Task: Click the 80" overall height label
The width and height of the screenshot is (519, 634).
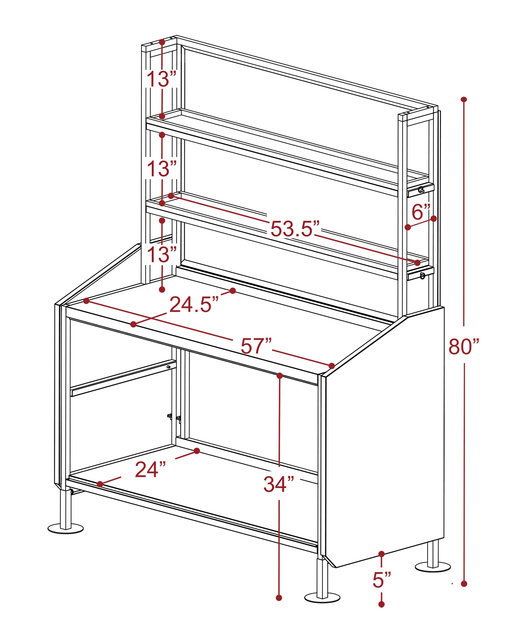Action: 464,347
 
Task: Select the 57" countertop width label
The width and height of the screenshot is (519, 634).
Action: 256,346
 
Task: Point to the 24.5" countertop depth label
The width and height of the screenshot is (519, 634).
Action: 194,305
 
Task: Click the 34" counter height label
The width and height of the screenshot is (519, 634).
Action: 279,484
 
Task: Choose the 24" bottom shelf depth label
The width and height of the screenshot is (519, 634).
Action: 150,469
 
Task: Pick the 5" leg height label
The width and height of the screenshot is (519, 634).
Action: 381,580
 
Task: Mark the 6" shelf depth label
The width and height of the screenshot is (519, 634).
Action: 421,212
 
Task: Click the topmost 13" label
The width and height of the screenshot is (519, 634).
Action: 162,79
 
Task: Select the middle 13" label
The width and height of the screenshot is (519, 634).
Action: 162,169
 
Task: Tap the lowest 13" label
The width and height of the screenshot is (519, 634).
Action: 162,255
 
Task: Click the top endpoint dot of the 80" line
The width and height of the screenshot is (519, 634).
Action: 464,99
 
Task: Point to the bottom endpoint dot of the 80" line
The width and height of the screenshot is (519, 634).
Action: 464,584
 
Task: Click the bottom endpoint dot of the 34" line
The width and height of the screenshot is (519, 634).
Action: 279,598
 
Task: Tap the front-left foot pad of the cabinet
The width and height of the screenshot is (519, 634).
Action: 66,528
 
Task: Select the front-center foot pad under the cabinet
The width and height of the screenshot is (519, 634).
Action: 322,597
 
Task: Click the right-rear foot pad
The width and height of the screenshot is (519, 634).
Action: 433,567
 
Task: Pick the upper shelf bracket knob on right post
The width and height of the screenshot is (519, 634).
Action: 421,190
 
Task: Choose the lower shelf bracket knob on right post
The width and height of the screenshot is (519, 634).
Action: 423,275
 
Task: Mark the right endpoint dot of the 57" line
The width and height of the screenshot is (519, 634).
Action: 332,366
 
